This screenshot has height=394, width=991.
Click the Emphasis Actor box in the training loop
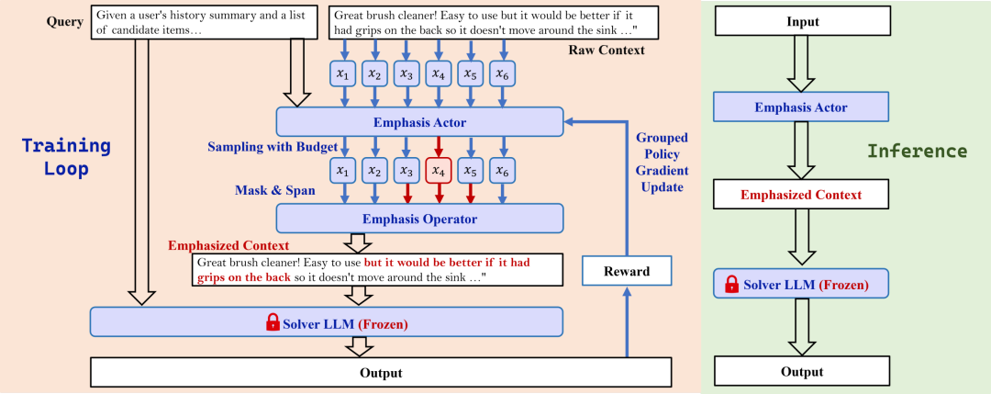coord(419,121)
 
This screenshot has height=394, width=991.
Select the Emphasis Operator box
coord(419,219)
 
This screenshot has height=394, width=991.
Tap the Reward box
coord(627,271)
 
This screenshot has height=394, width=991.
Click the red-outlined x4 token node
coord(439,171)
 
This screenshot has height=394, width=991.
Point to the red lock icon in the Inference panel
coord(732,284)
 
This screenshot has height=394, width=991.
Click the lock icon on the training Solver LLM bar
coord(273,324)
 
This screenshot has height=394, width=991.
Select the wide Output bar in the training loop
coord(381,373)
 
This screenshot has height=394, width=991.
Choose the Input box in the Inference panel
coord(802,21)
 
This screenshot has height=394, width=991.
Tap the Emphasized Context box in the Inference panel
coord(801,194)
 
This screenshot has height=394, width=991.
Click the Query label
coord(64,22)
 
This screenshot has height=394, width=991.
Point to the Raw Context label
coord(607,50)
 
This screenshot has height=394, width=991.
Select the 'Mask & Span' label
coord(275,190)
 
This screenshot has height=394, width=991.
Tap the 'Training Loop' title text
coord(66,157)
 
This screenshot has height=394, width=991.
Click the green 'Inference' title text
coord(917,152)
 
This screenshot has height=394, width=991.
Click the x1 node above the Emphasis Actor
coord(343,74)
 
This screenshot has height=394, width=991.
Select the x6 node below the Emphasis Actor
coord(502,171)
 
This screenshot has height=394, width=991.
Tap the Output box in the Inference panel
coord(802,371)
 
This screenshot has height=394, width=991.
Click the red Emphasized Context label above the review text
coord(228,245)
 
